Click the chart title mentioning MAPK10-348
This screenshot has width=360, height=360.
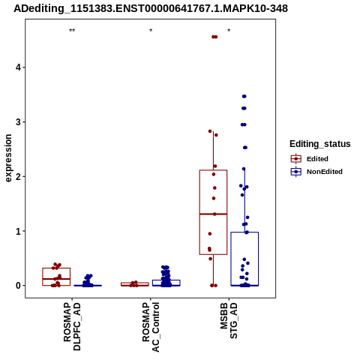click(x=151, y=8)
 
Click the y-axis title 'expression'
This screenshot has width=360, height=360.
click(x=8, y=158)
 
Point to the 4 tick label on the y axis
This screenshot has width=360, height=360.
click(x=18, y=67)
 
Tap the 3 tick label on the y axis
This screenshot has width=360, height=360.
click(x=18, y=122)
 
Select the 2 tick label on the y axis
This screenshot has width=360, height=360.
click(x=18, y=176)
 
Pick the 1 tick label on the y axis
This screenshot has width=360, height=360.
click(x=18, y=231)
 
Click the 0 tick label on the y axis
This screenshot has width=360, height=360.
click(x=18, y=286)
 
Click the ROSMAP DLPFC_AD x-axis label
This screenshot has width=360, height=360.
click(x=72, y=326)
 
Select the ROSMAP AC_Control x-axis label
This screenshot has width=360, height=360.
click(x=151, y=327)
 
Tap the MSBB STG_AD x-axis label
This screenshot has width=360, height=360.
click(x=229, y=321)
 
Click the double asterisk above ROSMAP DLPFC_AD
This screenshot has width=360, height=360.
click(x=72, y=31)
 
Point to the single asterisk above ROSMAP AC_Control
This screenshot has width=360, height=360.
click(x=151, y=31)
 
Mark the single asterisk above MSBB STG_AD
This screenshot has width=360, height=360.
click(x=229, y=31)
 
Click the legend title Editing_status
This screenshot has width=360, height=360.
click(x=320, y=144)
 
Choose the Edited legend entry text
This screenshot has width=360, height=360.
click(x=317, y=159)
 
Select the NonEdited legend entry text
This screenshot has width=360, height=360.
click(x=325, y=172)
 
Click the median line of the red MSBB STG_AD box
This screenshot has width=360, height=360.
click(x=213, y=214)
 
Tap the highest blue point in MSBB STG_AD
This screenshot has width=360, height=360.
click(x=244, y=96)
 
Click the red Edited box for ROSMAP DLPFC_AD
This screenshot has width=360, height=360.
click(x=56, y=268)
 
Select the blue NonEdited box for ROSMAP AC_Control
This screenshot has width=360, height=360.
click(x=166, y=280)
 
